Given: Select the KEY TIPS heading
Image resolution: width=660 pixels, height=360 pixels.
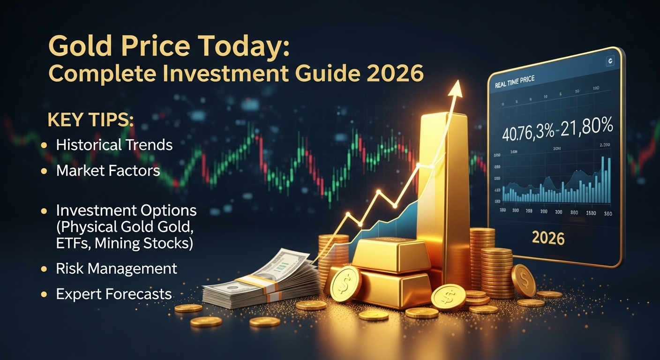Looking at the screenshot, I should click(90, 120).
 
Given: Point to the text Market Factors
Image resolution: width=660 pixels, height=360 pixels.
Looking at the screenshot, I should click(108, 171).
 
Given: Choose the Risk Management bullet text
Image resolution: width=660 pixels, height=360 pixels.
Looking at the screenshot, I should click(116, 269).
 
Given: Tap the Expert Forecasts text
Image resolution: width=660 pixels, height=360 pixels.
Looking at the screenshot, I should click(113, 294).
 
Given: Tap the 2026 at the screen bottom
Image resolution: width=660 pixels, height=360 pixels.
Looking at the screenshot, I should click(548, 238).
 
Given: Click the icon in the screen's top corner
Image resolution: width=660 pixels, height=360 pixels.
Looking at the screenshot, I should click(610, 60).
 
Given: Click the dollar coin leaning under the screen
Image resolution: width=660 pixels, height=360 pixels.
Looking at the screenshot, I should click(523, 280).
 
